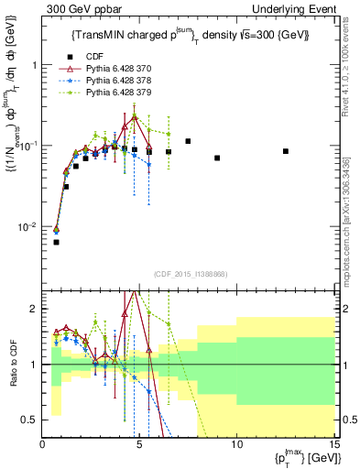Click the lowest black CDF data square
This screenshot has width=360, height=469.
tap(56, 242)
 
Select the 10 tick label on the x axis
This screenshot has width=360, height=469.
tap(236, 445)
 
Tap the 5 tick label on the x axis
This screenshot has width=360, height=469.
tap(138, 445)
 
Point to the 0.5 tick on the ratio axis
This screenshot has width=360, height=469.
tap(31, 420)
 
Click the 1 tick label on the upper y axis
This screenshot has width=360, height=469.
tap(35, 65)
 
